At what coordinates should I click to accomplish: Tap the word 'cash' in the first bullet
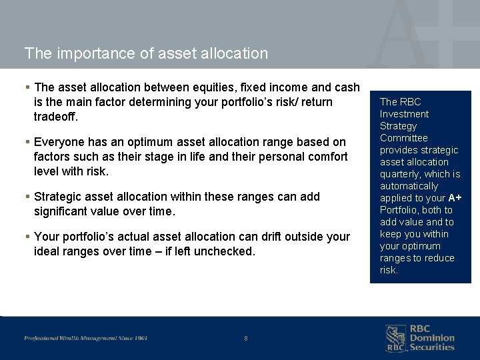coord(346,87)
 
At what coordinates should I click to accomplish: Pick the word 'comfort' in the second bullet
coord(328,157)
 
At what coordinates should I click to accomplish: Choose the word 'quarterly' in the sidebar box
coord(402,174)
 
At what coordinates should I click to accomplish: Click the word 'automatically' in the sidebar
coord(409,186)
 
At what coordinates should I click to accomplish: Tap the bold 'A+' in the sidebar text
coord(455,198)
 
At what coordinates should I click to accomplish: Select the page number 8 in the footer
coord(246,339)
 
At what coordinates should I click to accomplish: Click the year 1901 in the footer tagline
coord(140,338)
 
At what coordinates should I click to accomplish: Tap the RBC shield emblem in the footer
coord(395,338)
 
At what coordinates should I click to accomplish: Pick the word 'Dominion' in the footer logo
coord(431,338)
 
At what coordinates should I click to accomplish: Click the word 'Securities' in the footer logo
coord(431,347)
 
